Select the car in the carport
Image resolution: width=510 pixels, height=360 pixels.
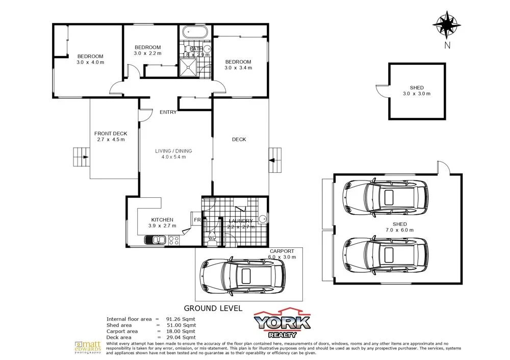pyautogui.click(x=243, y=276)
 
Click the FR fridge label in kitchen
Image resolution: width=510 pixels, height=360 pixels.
pyautogui.click(x=196, y=220)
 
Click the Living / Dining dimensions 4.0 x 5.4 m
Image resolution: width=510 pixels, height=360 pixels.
pyautogui.click(x=170, y=157)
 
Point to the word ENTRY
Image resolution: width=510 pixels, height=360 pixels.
pyautogui.click(x=168, y=112)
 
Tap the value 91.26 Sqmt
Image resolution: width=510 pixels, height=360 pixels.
pyautogui.click(x=184, y=319)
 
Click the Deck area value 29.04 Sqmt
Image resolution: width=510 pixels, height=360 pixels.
pyautogui.click(x=184, y=337)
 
